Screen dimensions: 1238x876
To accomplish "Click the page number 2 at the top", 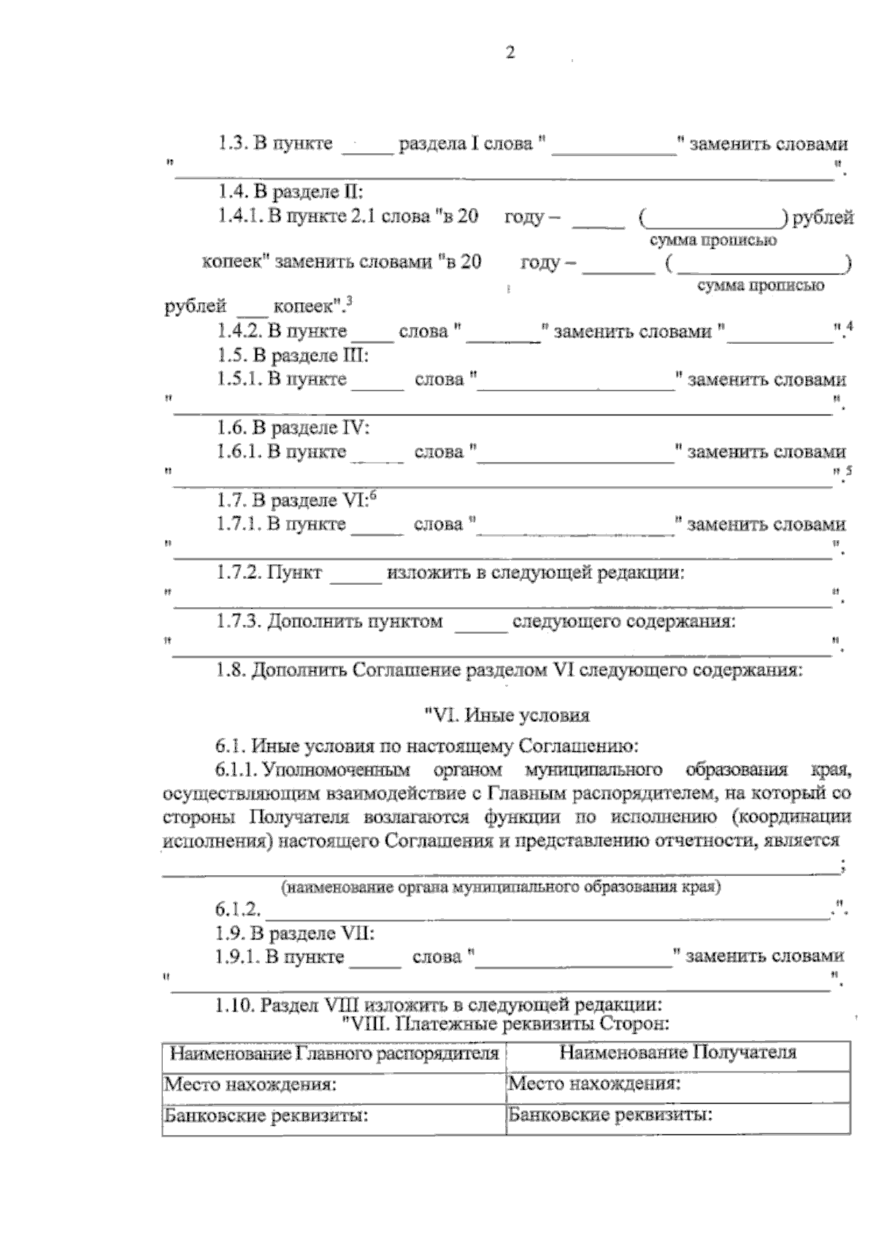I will point(510,53).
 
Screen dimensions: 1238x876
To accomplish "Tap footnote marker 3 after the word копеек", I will point(350,299).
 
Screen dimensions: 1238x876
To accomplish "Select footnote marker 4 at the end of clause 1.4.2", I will point(848,326).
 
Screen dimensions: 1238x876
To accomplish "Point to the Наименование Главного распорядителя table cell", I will point(334,1053).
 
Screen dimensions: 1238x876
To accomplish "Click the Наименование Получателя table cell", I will point(677,1053).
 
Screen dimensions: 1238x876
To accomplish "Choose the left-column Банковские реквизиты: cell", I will point(334,1116).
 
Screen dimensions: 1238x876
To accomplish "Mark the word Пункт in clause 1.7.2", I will point(294,573).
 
